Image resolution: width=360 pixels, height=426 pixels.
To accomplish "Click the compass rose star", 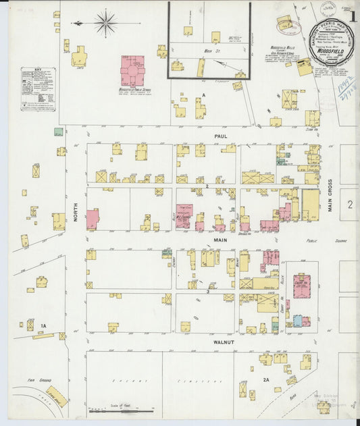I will tap(105, 24).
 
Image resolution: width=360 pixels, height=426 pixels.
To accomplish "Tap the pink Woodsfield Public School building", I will tap(132, 70).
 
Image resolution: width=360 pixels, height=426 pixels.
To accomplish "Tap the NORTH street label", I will tap(76, 217).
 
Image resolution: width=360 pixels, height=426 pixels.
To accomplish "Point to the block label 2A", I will tap(266, 380).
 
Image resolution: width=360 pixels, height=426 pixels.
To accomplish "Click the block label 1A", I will tap(43, 327).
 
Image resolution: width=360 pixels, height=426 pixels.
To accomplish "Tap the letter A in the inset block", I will tap(202, 95).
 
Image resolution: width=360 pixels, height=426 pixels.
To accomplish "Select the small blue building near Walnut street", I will tap(297, 321).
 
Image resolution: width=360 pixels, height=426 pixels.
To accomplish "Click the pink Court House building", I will tap(301, 286).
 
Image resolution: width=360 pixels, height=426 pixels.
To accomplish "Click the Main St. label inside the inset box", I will tap(209, 51).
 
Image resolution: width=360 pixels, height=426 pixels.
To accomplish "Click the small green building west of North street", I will tap(59, 132).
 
